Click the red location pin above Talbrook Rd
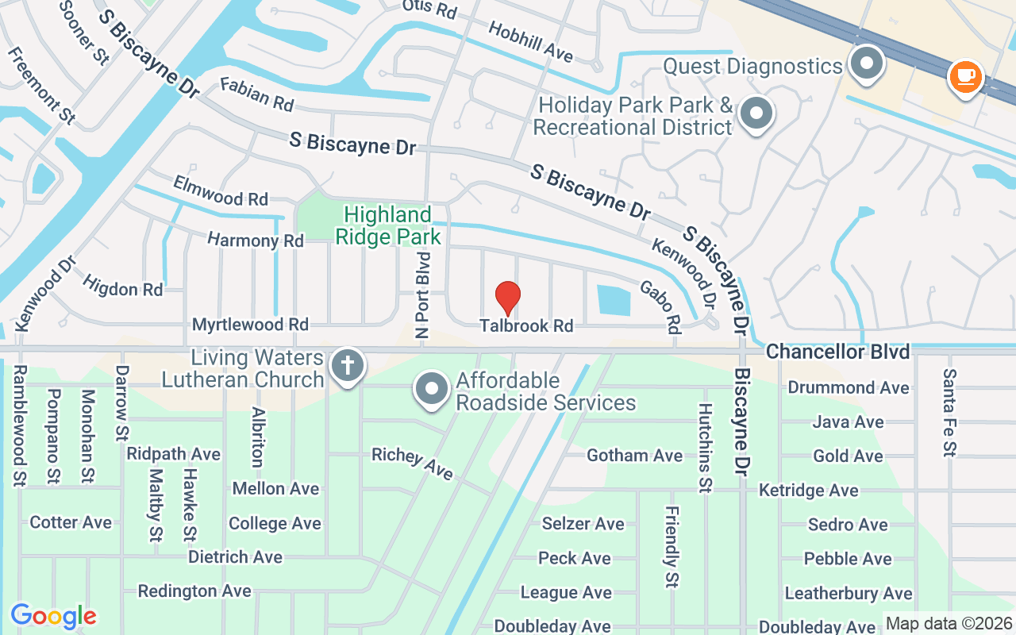pyautogui.click(x=508, y=298)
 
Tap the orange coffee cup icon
pyautogui.click(x=965, y=77)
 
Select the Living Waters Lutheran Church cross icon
pyautogui.click(x=347, y=366)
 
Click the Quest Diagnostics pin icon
pyautogui.click(x=867, y=63)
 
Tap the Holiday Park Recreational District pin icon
pyautogui.click(x=756, y=113)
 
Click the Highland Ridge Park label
pyautogui.click(x=388, y=225)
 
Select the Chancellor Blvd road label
pyautogui.click(x=837, y=351)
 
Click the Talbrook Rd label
pyautogui.click(x=526, y=325)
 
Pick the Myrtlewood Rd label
pyautogui.click(x=250, y=325)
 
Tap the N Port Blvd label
pyautogui.click(x=424, y=294)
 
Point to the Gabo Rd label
pyautogui.click(x=661, y=306)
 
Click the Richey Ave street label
pyautogui.click(x=412, y=463)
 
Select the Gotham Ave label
pyautogui.click(x=634, y=456)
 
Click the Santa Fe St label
pyautogui.click(x=949, y=413)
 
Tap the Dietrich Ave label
pyautogui.click(x=235, y=557)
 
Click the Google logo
pyautogui.click(x=53, y=616)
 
